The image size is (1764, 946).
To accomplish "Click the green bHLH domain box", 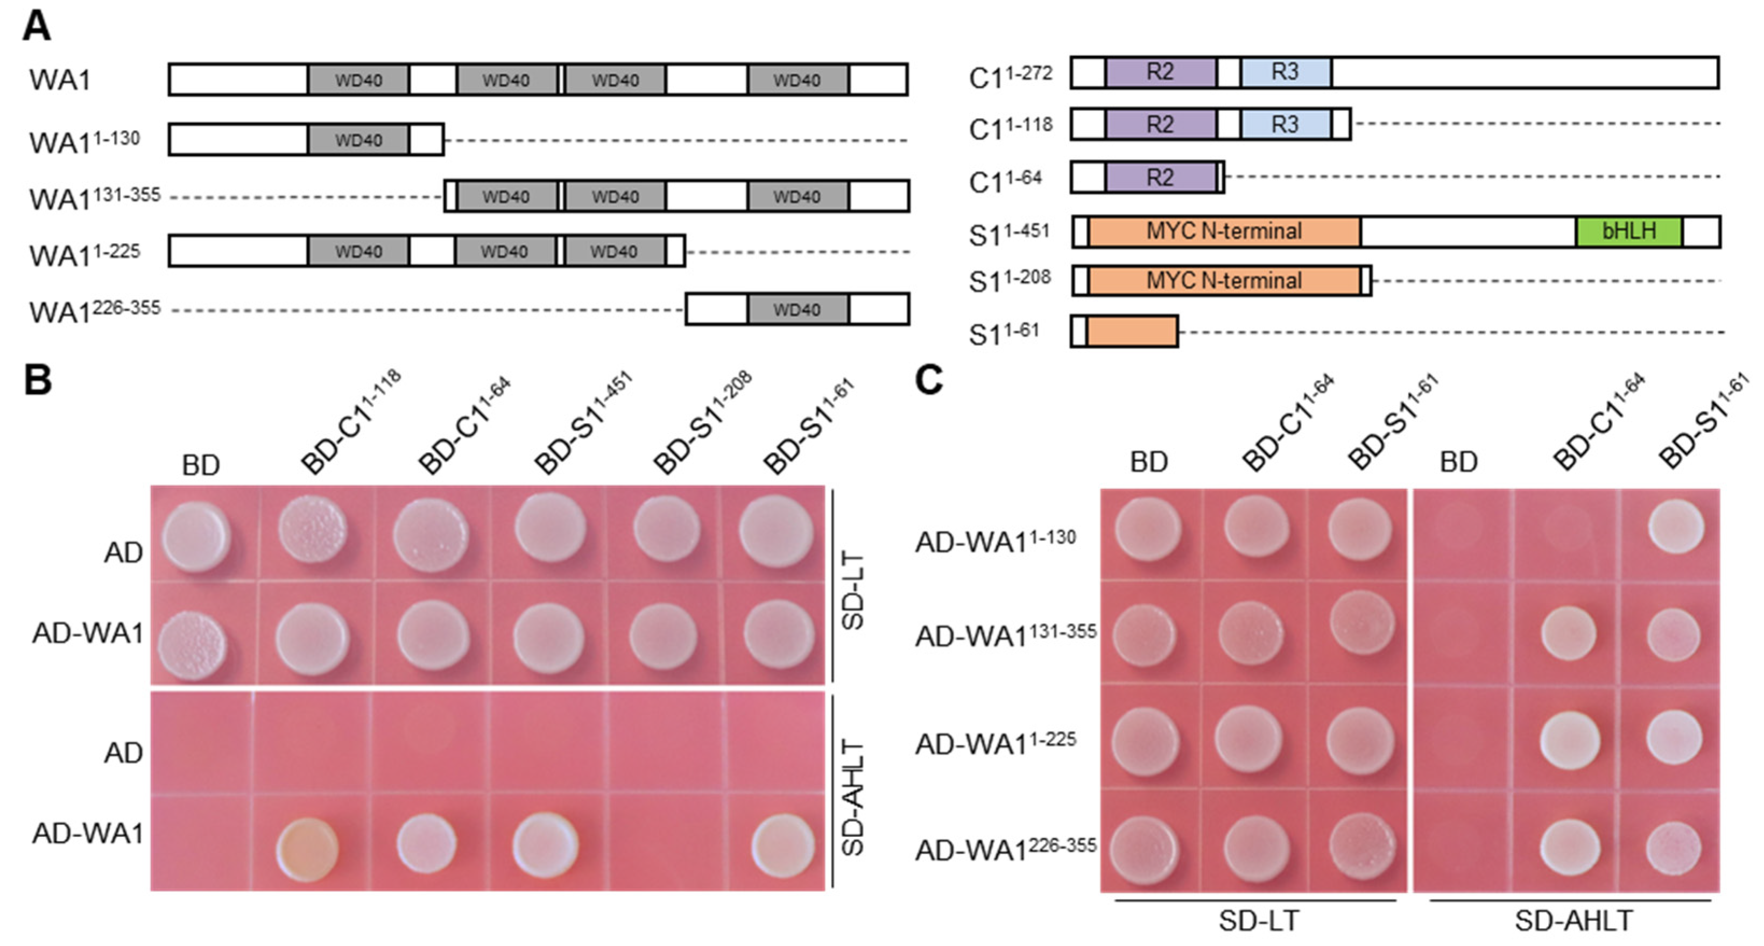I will pyautogui.click(x=1628, y=231).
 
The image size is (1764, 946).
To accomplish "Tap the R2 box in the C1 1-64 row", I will pyautogui.click(x=1160, y=178).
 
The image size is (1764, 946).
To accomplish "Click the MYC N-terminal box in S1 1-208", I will pyautogui.click(x=1224, y=281).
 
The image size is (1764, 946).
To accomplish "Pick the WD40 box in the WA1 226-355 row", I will pyautogui.click(x=797, y=309).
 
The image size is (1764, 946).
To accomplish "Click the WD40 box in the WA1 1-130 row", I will pyautogui.click(x=358, y=140).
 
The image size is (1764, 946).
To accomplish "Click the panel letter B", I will pyautogui.click(x=38, y=380).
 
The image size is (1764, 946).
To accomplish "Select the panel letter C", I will pyautogui.click(x=929, y=380).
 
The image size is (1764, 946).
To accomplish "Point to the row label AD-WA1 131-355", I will pyautogui.click(x=1005, y=635).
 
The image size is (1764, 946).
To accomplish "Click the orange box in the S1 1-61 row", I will pyautogui.click(x=1132, y=331).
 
